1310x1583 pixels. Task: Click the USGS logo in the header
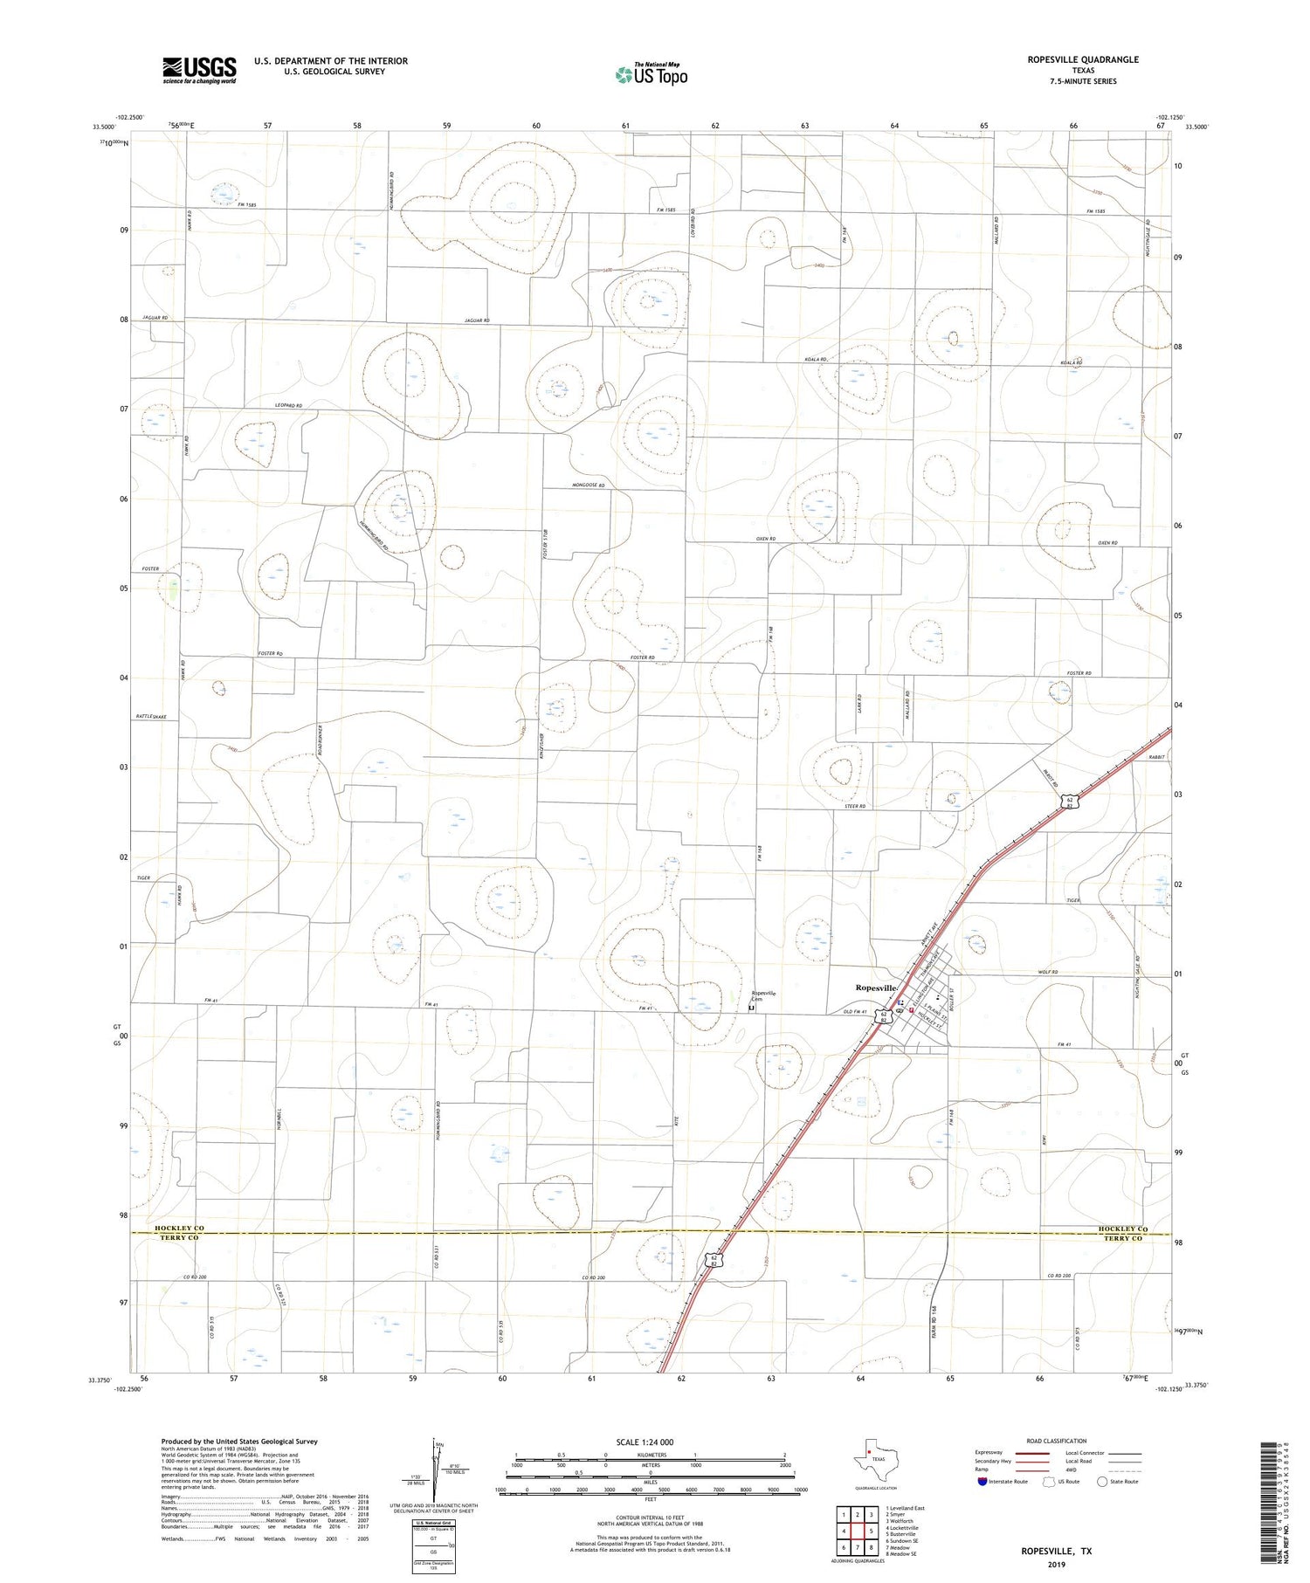tap(199, 70)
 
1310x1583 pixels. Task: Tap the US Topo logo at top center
tap(652, 74)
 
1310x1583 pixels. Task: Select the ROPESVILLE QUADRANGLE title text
tap(1071, 59)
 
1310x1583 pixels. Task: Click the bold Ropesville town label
tap(875, 988)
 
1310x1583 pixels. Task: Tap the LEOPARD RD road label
tap(288, 406)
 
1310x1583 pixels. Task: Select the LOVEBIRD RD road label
tap(692, 224)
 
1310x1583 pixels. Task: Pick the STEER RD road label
tap(855, 806)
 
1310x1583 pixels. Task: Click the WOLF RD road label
tap(1048, 972)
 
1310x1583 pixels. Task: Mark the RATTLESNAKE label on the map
tap(151, 716)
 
